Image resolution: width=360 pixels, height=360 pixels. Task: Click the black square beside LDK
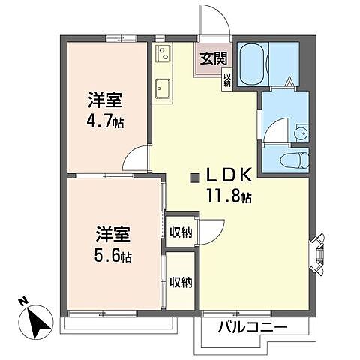coord(195,178)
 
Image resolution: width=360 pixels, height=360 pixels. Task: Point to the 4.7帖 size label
coord(104,121)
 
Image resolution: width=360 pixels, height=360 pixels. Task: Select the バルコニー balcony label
coord(253,327)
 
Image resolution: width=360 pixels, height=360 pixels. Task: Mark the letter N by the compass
coord(23,302)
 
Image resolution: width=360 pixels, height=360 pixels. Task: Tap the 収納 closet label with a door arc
coord(180,232)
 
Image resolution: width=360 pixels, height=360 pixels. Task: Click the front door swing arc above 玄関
coord(212,19)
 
